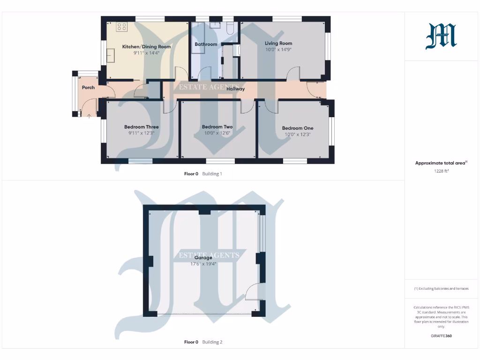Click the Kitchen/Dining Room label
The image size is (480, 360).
(146, 47)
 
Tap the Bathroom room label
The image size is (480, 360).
(206, 45)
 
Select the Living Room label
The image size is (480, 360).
(278, 44)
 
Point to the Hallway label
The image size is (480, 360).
(235, 89)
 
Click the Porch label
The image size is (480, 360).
(88, 88)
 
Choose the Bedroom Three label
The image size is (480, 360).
(141, 127)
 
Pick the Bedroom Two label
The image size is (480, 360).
(217, 127)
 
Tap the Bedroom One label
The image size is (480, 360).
(298, 128)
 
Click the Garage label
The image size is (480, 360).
(203, 258)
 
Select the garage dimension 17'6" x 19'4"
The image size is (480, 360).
(203, 264)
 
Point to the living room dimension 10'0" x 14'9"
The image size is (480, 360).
(278, 50)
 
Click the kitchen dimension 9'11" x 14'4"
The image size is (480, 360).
(146, 53)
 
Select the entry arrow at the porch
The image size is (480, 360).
(89, 115)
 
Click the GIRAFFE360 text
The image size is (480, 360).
(441, 336)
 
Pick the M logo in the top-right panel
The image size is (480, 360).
(441, 37)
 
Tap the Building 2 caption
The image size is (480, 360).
(212, 342)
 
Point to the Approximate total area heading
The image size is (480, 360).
(441, 163)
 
